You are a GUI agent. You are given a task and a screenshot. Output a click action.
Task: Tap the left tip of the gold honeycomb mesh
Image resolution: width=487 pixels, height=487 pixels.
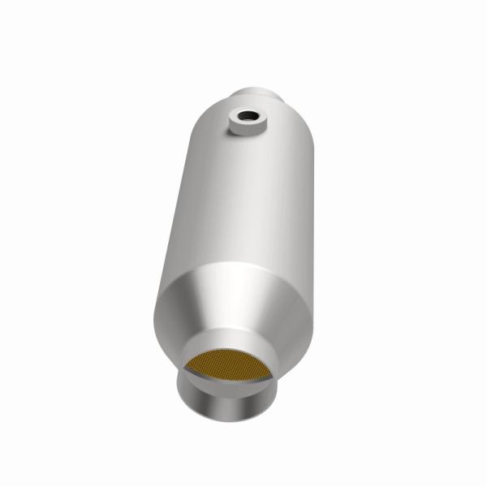coord(185,373)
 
